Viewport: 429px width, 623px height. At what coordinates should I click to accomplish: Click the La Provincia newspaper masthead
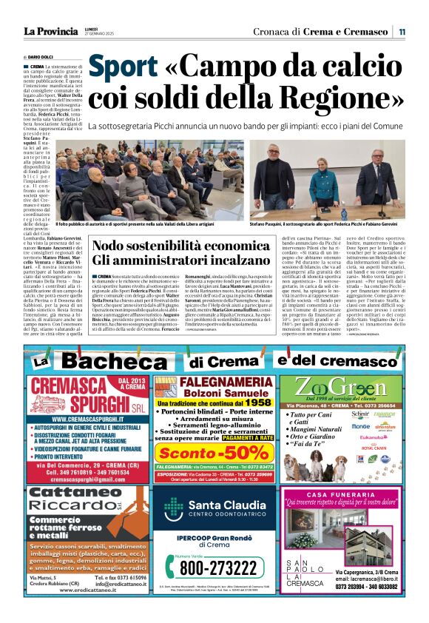[x=51, y=31]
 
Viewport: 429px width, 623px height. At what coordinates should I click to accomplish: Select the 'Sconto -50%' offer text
[x=213, y=453]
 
